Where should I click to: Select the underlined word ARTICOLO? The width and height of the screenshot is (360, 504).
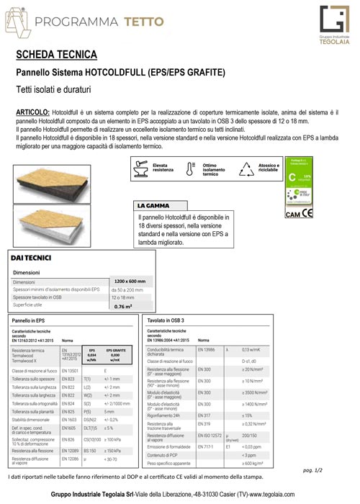point(32,113)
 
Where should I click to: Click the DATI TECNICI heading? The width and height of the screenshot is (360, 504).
point(30,257)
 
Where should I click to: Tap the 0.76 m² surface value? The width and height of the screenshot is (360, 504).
point(122,306)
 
